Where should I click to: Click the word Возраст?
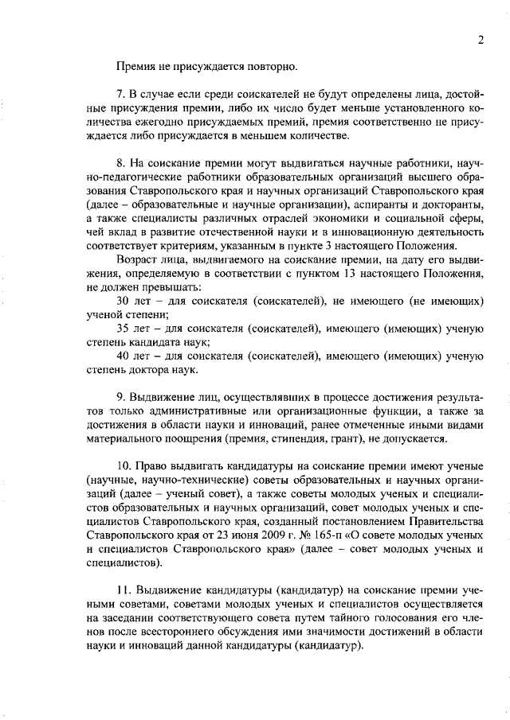tap(138, 260)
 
